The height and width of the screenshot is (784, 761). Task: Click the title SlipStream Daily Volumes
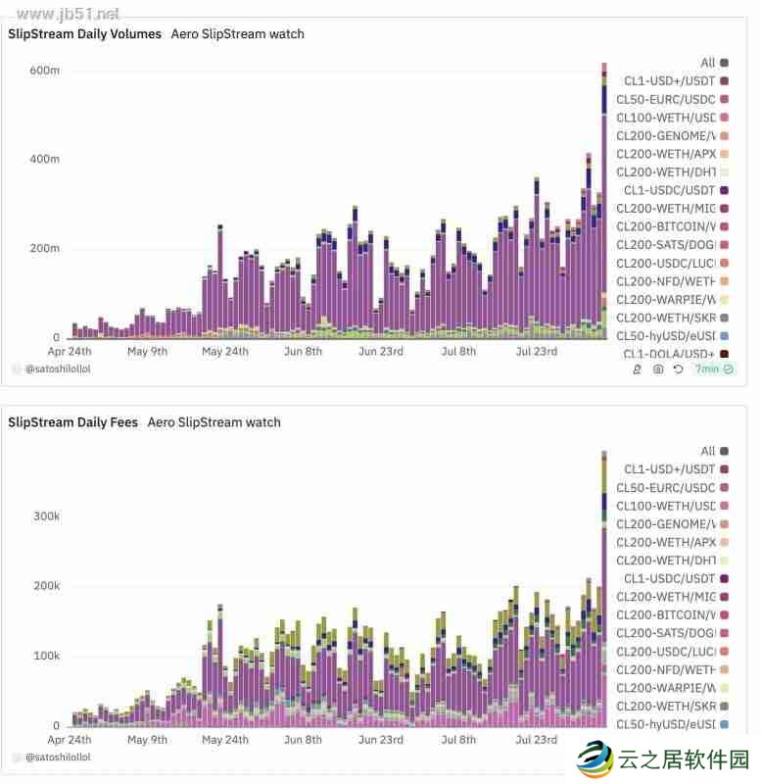click(84, 34)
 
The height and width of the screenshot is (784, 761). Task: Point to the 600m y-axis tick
click(45, 71)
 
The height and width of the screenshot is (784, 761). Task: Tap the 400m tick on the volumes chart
click(45, 159)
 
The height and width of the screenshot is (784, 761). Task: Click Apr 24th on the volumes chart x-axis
click(71, 351)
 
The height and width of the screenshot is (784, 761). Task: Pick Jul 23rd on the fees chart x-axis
click(536, 740)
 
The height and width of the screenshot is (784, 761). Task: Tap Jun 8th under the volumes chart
click(302, 351)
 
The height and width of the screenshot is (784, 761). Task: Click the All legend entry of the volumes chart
click(708, 63)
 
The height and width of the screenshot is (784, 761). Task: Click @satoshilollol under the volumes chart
click(58, 369)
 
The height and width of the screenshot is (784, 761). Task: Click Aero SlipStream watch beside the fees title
click(214, 422)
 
